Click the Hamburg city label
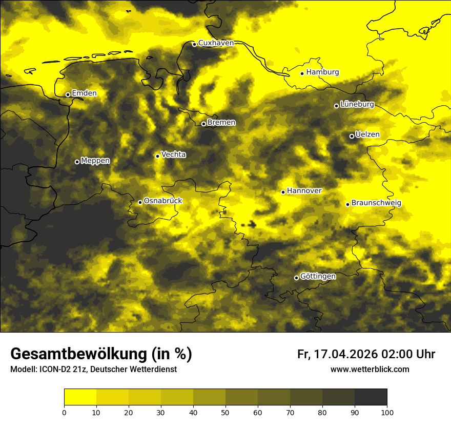click(x=322, y=72)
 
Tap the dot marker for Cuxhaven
click(x=194, y=44)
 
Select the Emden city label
click(x=84, y=93)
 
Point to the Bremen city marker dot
click(x=203, y=124)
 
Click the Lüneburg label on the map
click(x=357, y=105)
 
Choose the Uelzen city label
click(x=367, y=135)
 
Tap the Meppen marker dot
click(x=77, y=162)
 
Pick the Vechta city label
click(x=173, y=154)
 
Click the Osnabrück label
click(x=163, y=201)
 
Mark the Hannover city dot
click(x=283, y=192)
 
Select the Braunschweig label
click(x=376, y=203)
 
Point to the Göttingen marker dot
click(x=296, y=278)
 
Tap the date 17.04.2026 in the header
click(x=347, y=354)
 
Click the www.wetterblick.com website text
click(x=370, y=370)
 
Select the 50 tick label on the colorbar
click(x=225, y=413)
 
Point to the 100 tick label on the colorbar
click(x=387, y=413)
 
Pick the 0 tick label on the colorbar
click(x=64, y=413)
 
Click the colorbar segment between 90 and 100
click(x=371, y=397)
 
